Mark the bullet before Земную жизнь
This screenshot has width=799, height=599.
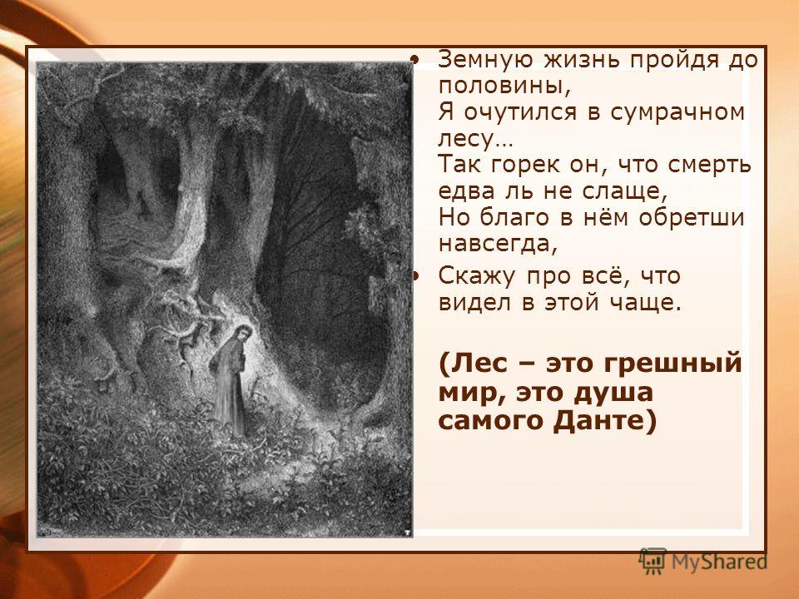click(x=417, y=60)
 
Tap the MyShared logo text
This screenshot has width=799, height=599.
click(x=717, y=562)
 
